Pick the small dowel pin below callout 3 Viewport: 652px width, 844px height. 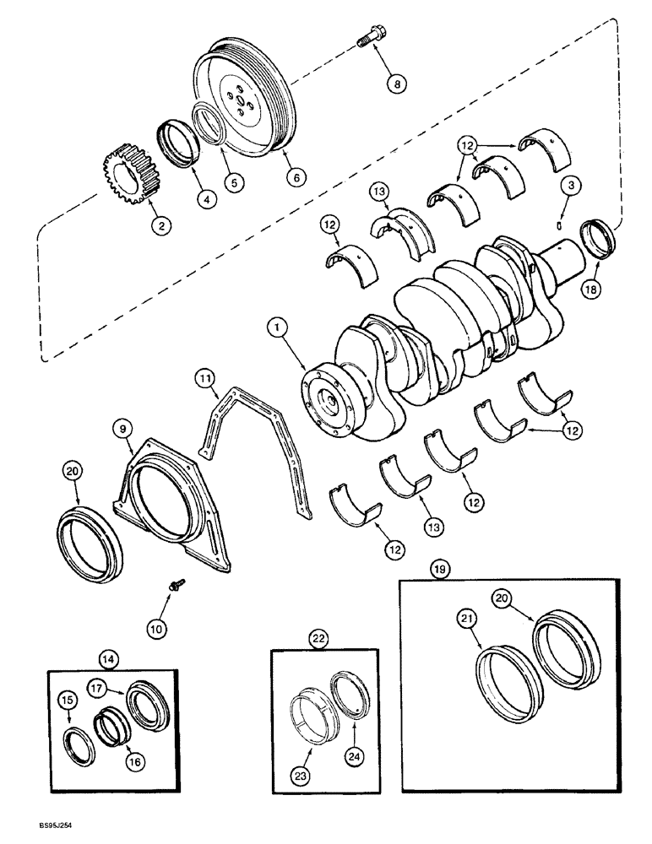pos(561,225)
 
